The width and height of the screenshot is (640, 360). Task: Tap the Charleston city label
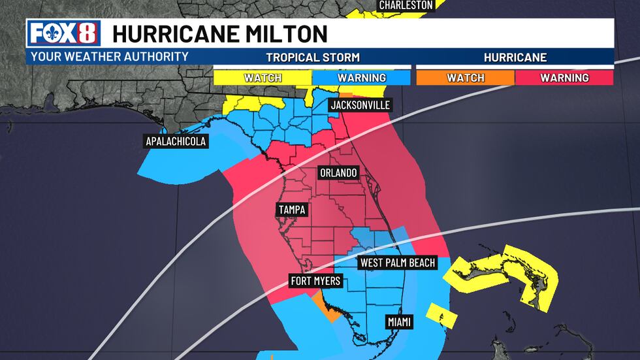pyautogui.click(x=406, y=5)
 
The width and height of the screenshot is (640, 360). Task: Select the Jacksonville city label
pyautogui.click(x=360, y=105)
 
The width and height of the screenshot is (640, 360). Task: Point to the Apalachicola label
pyautogui.click(x=176, y=141)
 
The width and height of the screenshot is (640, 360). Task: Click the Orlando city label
pyautogui.click(x=338, y=173)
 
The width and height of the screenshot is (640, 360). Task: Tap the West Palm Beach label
pyautogui.click(x=397, y=263)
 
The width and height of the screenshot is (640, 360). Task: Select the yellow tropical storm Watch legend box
pyautogui.click(x=263, y=78)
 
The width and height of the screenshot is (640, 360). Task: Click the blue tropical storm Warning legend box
pyautogui.click(x=362, y=78)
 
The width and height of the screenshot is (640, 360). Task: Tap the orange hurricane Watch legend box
pyautogui.click(x=466, y=78)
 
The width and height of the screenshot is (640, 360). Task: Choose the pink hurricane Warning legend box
pyautogui.click(x=564, y=78)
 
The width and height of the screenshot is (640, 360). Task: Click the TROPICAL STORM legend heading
pyautogui.click(x=312, y=57)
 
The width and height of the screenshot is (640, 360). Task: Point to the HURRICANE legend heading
pyautogui.click(x=515, y=57)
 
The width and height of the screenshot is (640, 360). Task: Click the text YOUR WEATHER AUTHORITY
pyautogui.click(x=110, y=57)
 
